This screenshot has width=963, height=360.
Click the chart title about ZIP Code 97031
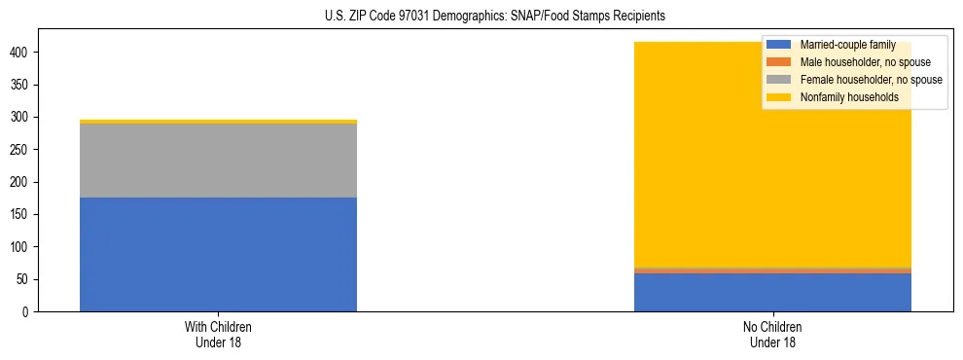pyautogui.click(x=495, y=17)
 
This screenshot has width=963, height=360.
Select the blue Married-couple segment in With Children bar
pyautogui.click(x=218, y=254)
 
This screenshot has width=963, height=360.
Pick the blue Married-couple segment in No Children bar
pyautogui.click(x=772, y=293)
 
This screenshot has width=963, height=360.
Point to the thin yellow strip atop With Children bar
pyautogui.click(x=218, y=122)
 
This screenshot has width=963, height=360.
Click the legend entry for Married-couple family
pyautogui.click(x=847, y=45)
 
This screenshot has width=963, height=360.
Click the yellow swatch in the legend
pyautogui.click(x=779, y=97)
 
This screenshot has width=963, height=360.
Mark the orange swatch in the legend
pyautogui.click(x=779, y=62)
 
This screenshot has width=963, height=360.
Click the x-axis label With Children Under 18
pyautogui.click(x=218, y=335)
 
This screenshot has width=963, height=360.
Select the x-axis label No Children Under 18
pyautogui.click(x=772, y=335)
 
